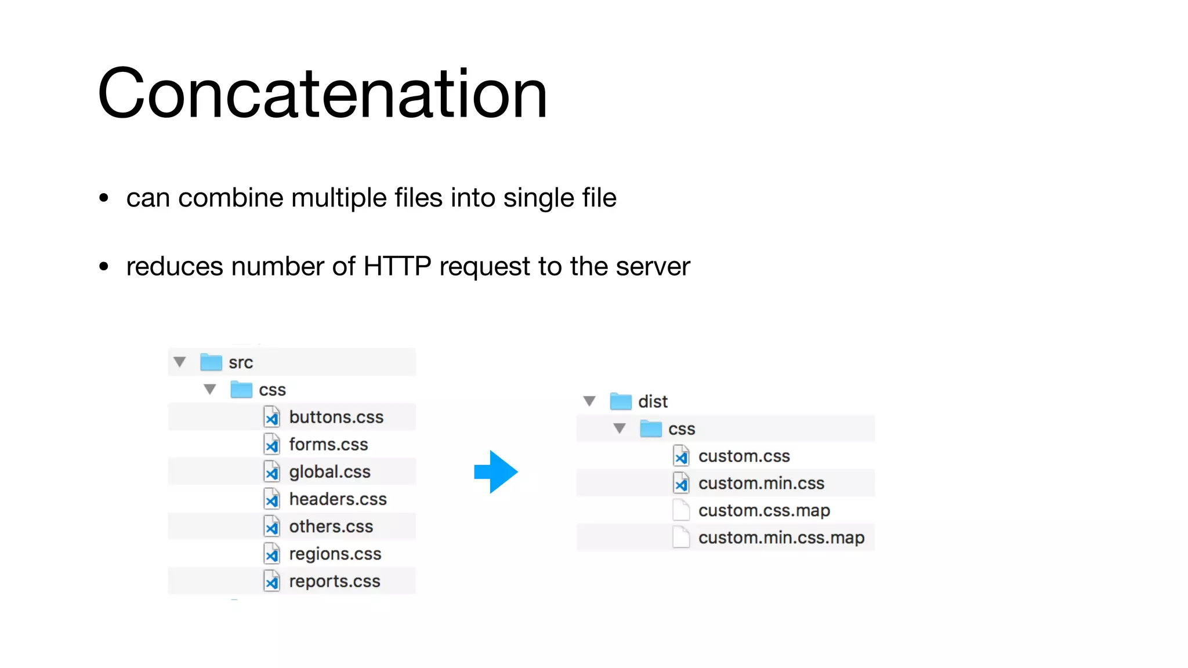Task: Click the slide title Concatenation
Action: click(323, 94)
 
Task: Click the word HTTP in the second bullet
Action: click(397, 267)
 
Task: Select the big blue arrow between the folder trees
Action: click(495, 472)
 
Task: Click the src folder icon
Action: click(211, 362)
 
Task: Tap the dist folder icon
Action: click(621, 401)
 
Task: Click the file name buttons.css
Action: click(336, 418)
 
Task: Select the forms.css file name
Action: click(328, 445)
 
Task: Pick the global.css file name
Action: click(329, 472)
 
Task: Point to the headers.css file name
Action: click(338, 499)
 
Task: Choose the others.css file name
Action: click(331, 527)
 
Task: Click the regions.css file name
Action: click(335, 554)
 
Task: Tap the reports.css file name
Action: click(335, 581)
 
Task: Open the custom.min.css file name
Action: click(761, 484)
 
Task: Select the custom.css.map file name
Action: click(764, 511)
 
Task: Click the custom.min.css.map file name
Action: click(781, 538)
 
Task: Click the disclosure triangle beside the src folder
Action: click(180, 362)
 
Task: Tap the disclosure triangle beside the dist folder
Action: click(589, 401)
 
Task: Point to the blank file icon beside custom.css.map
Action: click(681, 510)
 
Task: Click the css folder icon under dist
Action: click(651, 429)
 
